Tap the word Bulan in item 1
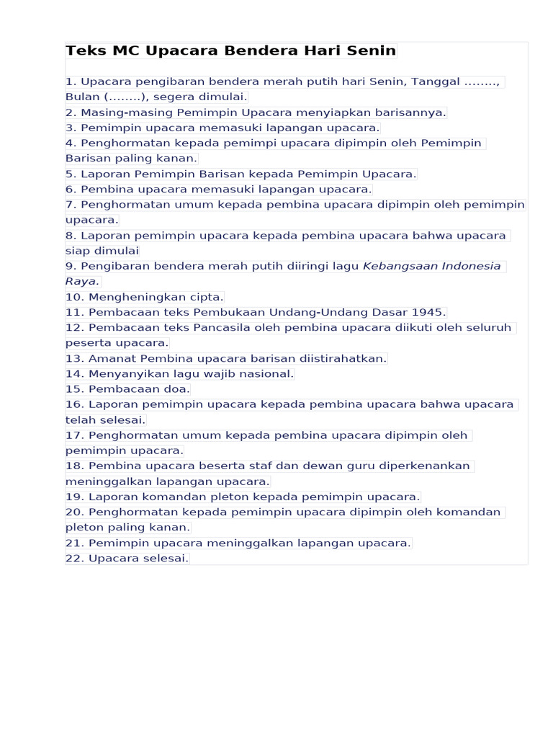click(x=83, y=97)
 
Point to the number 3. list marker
click(x=71, y=128)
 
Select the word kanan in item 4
click(x=179, y=158)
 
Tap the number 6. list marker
click(x=71, y=189)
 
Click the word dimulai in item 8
click(x=117, y=251)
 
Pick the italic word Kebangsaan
click(x=400, y=266)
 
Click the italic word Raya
click(x=81, y=281)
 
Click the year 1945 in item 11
click(x=428, y=312)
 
